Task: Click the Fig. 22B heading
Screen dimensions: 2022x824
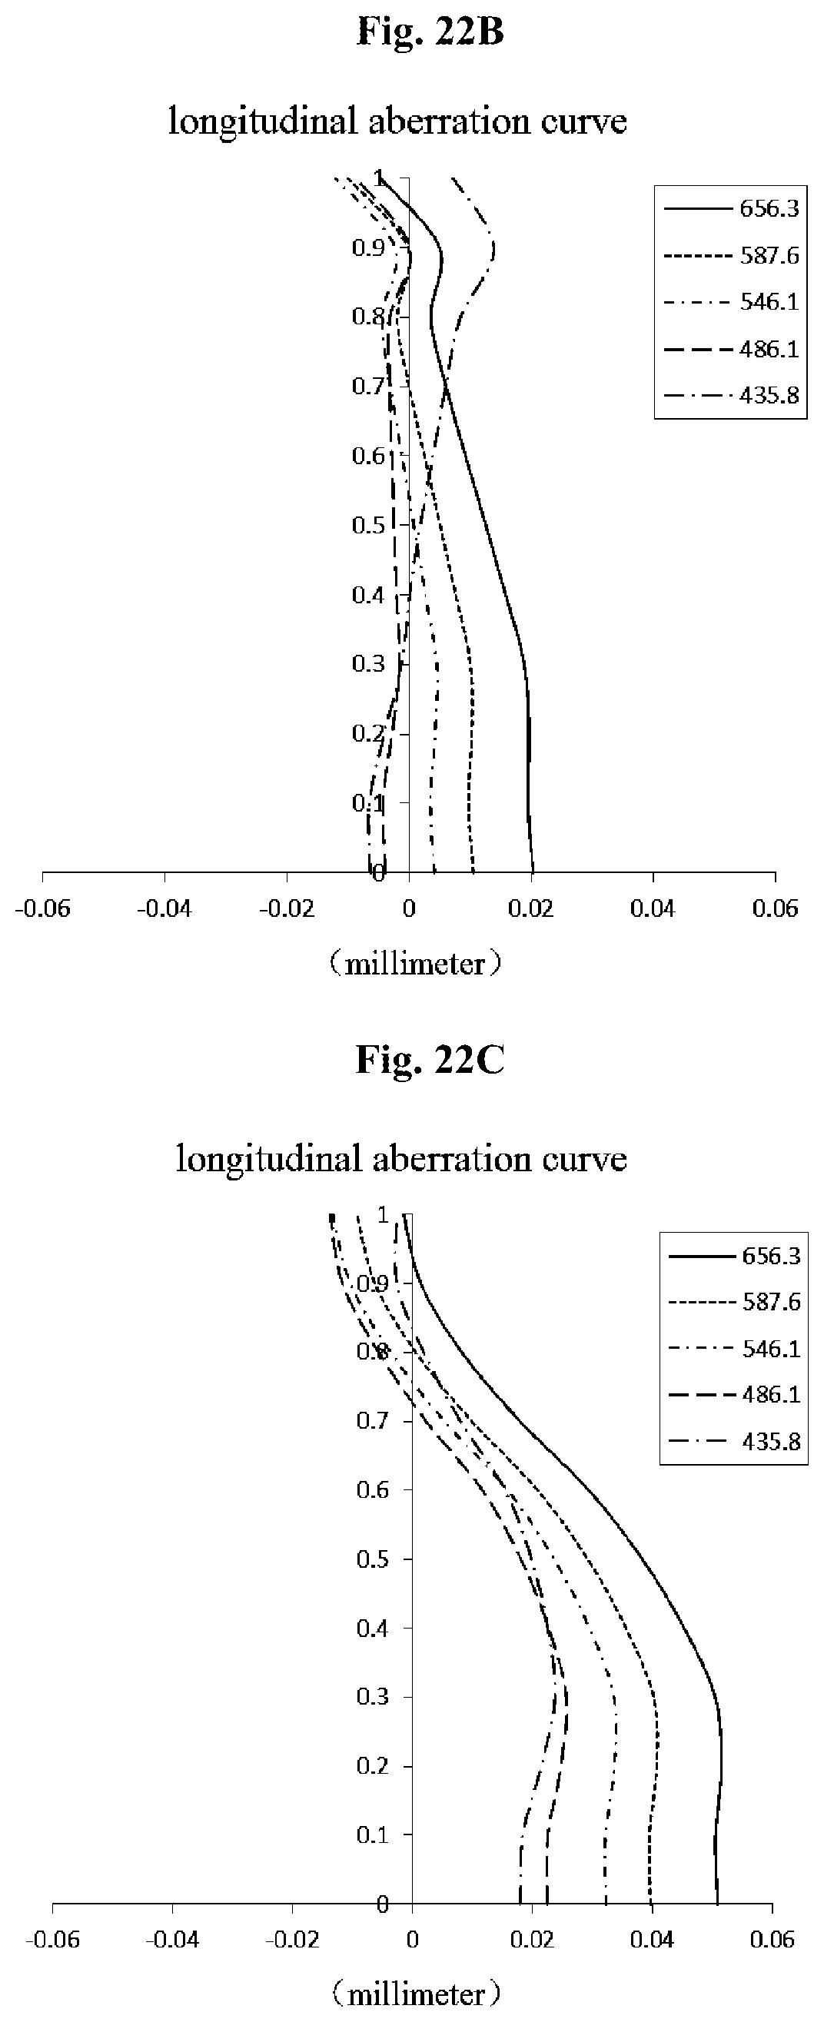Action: point(429,33)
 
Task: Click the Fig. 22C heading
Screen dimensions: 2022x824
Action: point(429,1061)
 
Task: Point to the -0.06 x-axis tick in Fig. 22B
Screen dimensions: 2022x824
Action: point(42,909)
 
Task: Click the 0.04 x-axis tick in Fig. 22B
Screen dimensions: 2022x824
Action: point(653,909)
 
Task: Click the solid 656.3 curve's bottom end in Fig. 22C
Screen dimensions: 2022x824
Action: point(717,1901)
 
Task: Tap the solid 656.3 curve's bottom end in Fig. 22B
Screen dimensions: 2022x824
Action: point(533,871)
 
